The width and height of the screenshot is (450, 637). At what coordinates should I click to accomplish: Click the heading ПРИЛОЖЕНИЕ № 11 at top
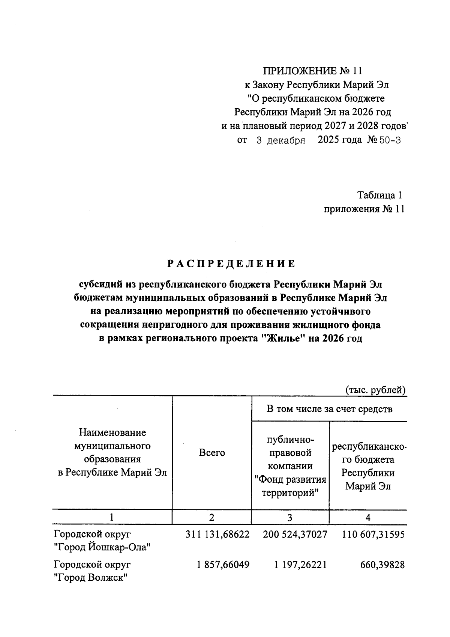[313, 71]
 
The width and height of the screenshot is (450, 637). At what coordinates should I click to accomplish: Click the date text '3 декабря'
[280, 141]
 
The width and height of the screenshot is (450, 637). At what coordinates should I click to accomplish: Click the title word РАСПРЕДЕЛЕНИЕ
[231, 264]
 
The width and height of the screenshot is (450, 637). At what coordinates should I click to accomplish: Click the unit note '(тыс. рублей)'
[375, 390]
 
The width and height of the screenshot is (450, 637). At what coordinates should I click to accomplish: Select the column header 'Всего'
[212, 453]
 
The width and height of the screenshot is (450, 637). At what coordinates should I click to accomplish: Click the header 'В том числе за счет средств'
[329, 409]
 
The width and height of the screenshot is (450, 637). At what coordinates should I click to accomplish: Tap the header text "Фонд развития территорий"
[290, 486]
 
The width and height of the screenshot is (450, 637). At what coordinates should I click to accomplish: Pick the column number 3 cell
[290, 518]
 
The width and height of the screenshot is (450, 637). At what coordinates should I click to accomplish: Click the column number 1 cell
[112, 518]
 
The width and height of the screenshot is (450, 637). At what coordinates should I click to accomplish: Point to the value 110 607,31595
[373, 535]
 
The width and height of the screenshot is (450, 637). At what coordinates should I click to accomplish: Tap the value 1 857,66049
[223, 565]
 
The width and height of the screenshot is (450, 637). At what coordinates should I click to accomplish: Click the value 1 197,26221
[301, 565]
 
